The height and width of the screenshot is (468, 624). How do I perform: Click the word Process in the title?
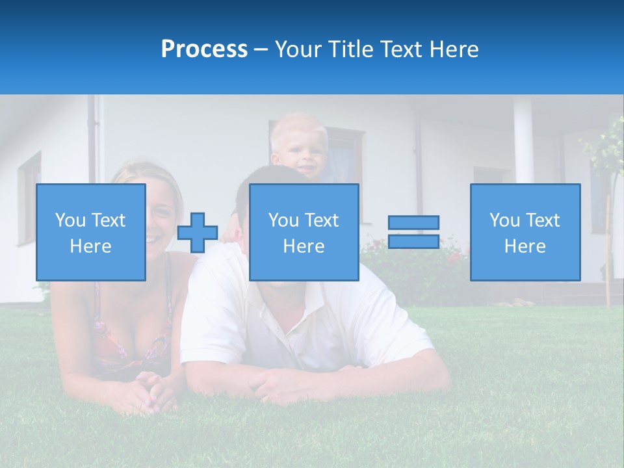(x=204, y=49)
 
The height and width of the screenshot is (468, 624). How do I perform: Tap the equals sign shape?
(x=413, y=232)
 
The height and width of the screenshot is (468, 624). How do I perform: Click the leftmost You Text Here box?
(x=91, y=232)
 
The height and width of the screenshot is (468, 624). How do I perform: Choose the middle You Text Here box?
(x=304, y=232)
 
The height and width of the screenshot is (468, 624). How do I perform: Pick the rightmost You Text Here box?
(x=525, y=232)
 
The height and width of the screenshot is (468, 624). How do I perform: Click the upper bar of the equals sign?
(x=413, y=223)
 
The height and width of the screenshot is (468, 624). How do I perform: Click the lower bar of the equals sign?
(x=413, y=242)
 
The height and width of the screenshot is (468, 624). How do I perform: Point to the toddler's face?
(x=300, y=153)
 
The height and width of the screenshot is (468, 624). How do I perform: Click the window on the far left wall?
(x=29, y=195)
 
